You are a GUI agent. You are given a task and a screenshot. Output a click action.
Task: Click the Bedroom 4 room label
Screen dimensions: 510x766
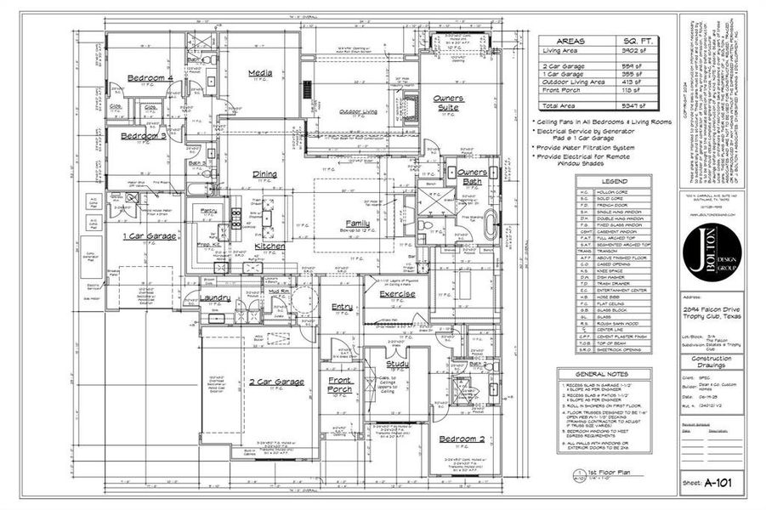coord(150,78)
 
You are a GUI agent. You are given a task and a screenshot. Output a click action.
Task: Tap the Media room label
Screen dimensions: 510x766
coord(259,74)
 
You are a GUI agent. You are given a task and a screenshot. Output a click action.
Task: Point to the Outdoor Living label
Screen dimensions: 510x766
coord(359,112)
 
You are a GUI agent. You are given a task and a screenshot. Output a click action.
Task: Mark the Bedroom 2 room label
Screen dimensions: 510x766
coord(462,439)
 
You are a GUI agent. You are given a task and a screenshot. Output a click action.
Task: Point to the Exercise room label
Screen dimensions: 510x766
coord(397,294)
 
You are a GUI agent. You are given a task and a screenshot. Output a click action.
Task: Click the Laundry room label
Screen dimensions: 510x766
coord(215,298)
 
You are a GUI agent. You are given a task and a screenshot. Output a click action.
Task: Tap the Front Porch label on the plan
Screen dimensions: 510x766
coord(339,385)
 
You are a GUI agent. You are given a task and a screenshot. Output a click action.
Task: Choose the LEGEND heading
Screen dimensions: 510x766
coord(613,181)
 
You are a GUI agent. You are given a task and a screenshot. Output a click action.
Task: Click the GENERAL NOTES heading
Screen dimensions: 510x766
coord(604,374)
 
